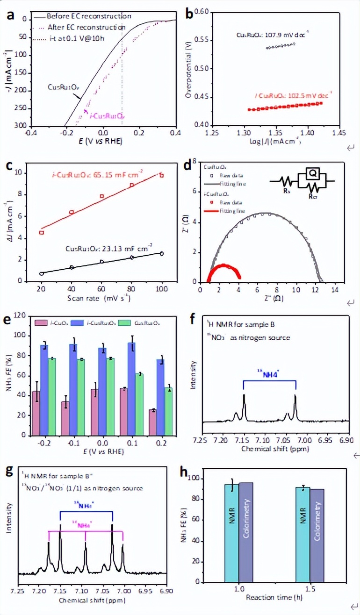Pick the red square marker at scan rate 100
point(161,175)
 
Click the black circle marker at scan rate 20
point(42,273)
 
